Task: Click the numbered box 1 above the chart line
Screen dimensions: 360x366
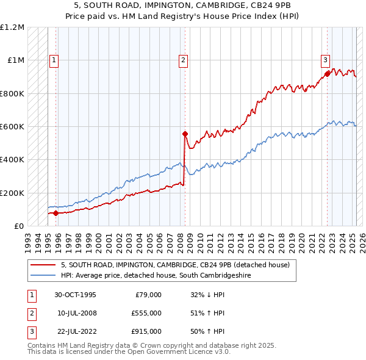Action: pyautogui.click(x=54, y=60)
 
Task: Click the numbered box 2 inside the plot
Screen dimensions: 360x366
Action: pyautogui.click(x=183, y=60)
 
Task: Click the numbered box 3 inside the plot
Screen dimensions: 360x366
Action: pyautogui.click(x=326, y=60)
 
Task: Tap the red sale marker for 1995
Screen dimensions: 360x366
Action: pyautogui.click(x=56, y=213)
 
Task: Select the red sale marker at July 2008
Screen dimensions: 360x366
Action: pyautogui.click(x=185, y=134)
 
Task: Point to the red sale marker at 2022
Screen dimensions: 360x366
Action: pyautogui.click(x=328, y=74)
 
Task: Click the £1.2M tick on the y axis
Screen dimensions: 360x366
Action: pyautogui.click(x=12, y=27)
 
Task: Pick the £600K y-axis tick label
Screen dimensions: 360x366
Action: pyautogui.click(x=12, y=127)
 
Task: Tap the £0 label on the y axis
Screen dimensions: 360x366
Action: pyautogui.click(x=18, y=226)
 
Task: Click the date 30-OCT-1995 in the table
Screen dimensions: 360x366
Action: pyautogui.click(x=76, y=295)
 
